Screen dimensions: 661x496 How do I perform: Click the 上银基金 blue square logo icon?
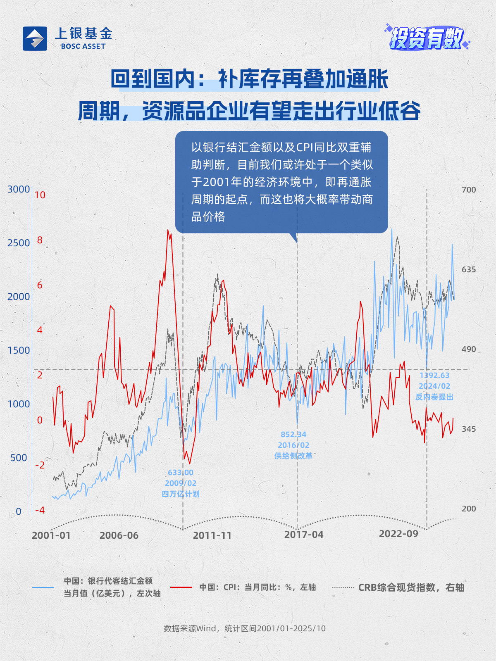35,39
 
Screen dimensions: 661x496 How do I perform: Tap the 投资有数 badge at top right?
427,38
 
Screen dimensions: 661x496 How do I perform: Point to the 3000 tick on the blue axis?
19,189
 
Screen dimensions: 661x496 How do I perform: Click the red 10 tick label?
40,195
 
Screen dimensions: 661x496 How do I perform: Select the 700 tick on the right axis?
469,190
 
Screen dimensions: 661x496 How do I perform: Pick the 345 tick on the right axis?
469,429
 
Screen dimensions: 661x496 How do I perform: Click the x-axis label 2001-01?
51,535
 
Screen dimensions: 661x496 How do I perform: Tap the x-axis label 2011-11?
212,535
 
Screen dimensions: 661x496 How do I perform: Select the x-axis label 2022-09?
398,534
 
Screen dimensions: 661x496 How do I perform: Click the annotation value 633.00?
181,473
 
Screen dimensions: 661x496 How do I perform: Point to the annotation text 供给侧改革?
293,456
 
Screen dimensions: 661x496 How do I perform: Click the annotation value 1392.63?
434,376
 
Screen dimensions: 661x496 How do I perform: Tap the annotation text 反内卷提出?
434,397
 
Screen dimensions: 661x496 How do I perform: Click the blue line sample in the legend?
43,587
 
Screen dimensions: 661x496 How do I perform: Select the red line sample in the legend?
181,587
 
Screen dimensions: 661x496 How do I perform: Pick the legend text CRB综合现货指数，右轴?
411,587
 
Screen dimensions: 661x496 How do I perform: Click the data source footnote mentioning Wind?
245,628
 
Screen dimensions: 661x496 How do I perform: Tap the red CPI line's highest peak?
168,230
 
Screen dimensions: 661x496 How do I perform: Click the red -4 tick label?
40,511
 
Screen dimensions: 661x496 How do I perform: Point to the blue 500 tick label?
19,458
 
